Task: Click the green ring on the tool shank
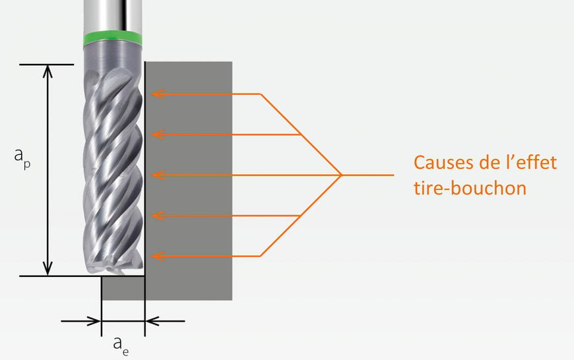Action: [112, 38]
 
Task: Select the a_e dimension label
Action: [121, 345]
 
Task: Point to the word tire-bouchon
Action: [470, 188]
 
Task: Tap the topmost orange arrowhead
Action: [158, 94]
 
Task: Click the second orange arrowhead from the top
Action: [158, 135]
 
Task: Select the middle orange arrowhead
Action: [158, 175]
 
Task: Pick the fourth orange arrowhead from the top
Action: [158, 216]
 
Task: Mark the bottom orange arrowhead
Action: [158, 256]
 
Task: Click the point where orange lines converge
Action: [341, 175]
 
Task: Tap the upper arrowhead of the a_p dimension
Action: [48, 71]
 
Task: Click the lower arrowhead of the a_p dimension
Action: [48, 268]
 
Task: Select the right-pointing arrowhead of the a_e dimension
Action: [94, 321]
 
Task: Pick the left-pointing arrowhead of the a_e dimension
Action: [152, 321]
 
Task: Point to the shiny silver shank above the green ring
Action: [112, 16]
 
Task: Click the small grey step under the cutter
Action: [123, 288]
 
